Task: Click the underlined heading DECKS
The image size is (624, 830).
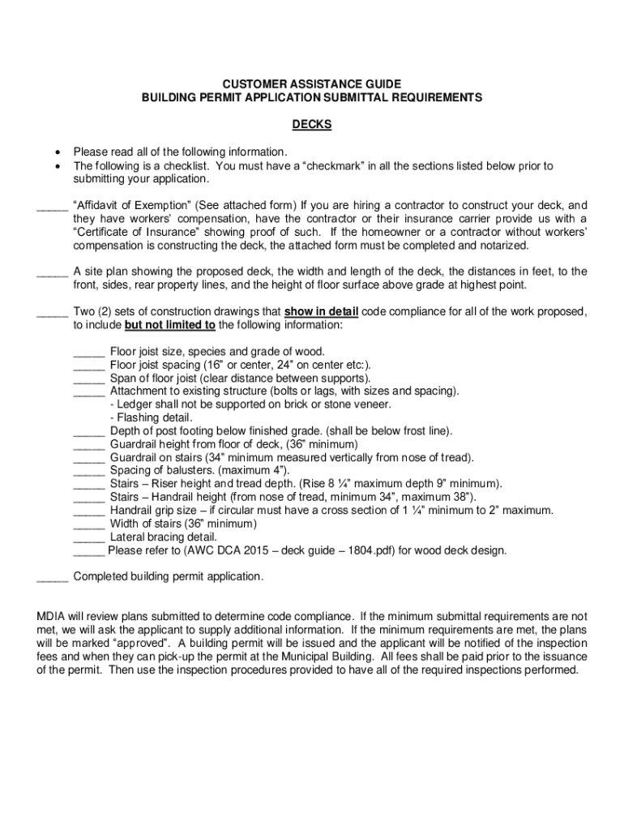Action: [x=312, y=125]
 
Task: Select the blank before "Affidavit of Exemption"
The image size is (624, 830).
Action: [x=53, y=206]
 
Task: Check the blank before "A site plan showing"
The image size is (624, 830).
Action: [x=53, y=272]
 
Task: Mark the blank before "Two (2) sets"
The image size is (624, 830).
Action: [x=53, y=311]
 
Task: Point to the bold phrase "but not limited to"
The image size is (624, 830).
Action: [x=169, y=325]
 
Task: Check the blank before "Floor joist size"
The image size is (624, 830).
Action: [x=89, y=351]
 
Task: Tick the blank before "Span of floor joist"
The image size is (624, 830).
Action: [x=89, y=378]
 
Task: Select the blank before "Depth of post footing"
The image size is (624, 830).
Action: [x=89, y=430]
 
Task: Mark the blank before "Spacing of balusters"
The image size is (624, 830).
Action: [x=89, y=470]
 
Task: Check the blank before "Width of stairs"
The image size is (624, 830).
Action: [x=89, y=523]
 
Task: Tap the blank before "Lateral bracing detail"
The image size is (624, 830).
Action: [x=89, y=536]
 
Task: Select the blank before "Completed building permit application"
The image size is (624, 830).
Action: [x=53, y=576]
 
